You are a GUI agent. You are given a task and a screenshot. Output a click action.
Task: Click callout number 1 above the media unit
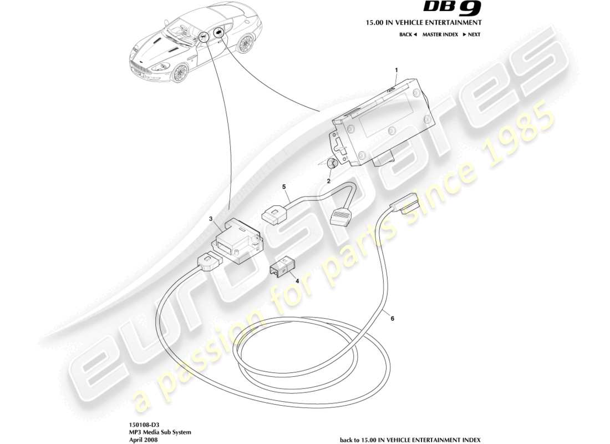[396, 70]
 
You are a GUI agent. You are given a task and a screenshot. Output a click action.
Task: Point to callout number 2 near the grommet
[328, 181]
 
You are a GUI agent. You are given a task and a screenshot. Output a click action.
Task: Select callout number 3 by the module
[211, 219]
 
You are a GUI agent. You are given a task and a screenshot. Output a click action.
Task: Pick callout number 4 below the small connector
[297, 281]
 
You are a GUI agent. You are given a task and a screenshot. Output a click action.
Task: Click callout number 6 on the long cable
[392, 319]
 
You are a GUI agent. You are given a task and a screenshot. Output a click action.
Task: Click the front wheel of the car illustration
[179, 73]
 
